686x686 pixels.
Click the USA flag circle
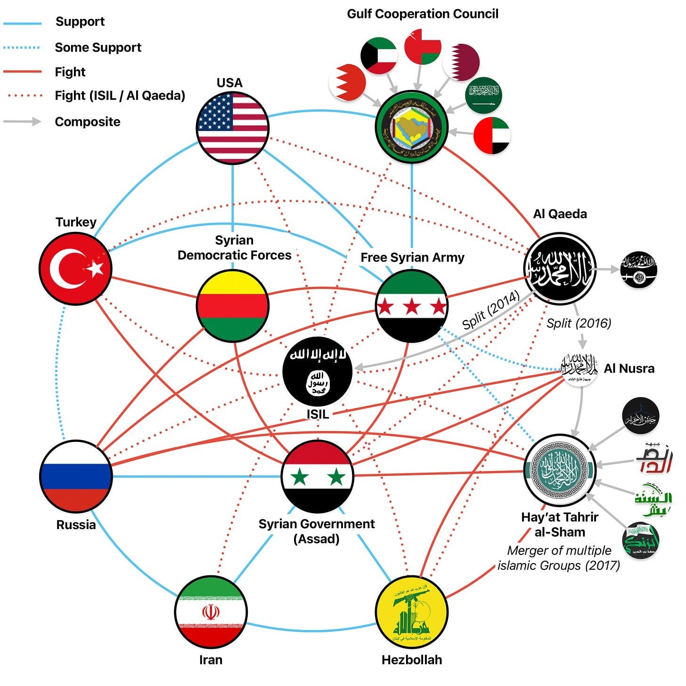[232, 128]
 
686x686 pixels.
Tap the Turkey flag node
[75, 269]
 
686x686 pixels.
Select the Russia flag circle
[76, 476]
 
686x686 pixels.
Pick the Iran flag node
[211, 612]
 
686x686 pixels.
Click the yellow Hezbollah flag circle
[412, 612]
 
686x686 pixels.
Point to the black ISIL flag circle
[317, 372]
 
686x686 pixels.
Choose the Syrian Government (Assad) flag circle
[317, 476]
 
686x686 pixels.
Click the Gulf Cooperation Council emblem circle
[412, 128]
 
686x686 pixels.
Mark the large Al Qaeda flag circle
[560, 269]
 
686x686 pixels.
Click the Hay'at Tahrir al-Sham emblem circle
[560, 470]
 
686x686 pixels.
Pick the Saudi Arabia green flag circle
[483, 95]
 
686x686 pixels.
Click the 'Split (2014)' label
[490, 309]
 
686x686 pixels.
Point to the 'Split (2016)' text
[579, 323]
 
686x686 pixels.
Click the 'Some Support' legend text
[98, 47]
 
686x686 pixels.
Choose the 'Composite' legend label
[88, 122]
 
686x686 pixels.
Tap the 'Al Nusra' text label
[629, 368]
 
